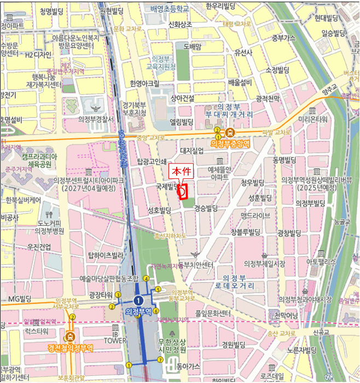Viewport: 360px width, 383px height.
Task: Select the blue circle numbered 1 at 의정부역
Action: [x=139, y=300]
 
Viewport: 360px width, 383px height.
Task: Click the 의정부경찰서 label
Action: [x=96, y=119]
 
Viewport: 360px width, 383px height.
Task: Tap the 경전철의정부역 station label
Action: [x=70, y=348]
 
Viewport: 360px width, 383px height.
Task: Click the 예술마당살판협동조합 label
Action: [x=110, y=278]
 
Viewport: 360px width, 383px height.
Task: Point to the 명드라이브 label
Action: [x=254, y=216]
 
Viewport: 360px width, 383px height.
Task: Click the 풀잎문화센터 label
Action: [x=213, y=314]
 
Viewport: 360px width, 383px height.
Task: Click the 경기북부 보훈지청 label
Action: [x=134, y=109]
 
